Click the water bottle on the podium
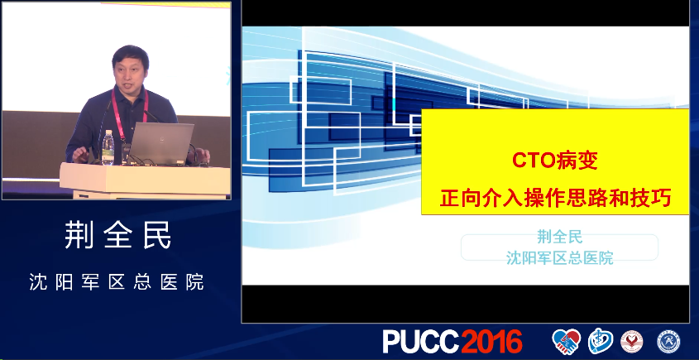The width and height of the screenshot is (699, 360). coord(108,147)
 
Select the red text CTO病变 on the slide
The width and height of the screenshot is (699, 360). coord(554,161)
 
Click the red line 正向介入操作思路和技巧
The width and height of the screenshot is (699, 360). coord(555,198)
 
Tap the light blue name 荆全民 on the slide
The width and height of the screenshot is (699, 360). coord(559,237)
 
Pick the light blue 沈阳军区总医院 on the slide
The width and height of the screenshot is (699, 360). coord(559,257)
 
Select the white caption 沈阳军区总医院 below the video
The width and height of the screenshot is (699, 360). coord(117,282)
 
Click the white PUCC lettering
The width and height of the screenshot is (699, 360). coord(421,342)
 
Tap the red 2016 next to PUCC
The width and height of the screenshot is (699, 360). coord(491,342)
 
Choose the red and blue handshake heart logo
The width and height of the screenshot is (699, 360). coord(566,342)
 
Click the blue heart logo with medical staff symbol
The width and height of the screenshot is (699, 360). coord(600,341)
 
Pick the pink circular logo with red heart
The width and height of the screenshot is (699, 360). coord(631,342)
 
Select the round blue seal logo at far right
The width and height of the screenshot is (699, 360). coord(668,342)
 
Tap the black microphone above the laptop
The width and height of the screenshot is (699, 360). coord(151,116)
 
